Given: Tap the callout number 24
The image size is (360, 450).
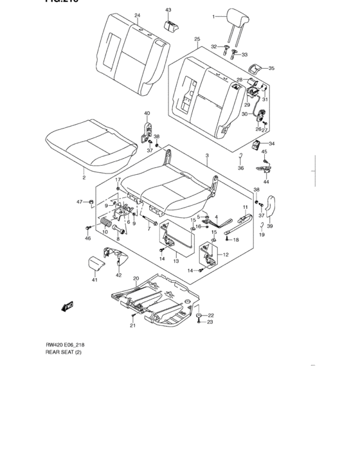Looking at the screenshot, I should point(137,15).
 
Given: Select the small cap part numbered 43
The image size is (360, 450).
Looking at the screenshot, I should point(170,25).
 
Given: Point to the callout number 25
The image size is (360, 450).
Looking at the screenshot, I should point(197,39).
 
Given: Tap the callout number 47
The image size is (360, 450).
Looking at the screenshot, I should point(80,202).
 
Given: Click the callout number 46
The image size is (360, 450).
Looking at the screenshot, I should point(87,239).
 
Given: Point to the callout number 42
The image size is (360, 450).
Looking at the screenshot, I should point(118,275).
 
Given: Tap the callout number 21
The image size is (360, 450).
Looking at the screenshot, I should point(132,326).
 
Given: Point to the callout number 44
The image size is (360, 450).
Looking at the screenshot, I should point(266,181).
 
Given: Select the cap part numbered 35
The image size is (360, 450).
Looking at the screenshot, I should point(256,67).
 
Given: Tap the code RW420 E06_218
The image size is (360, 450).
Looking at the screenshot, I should point(65,345).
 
